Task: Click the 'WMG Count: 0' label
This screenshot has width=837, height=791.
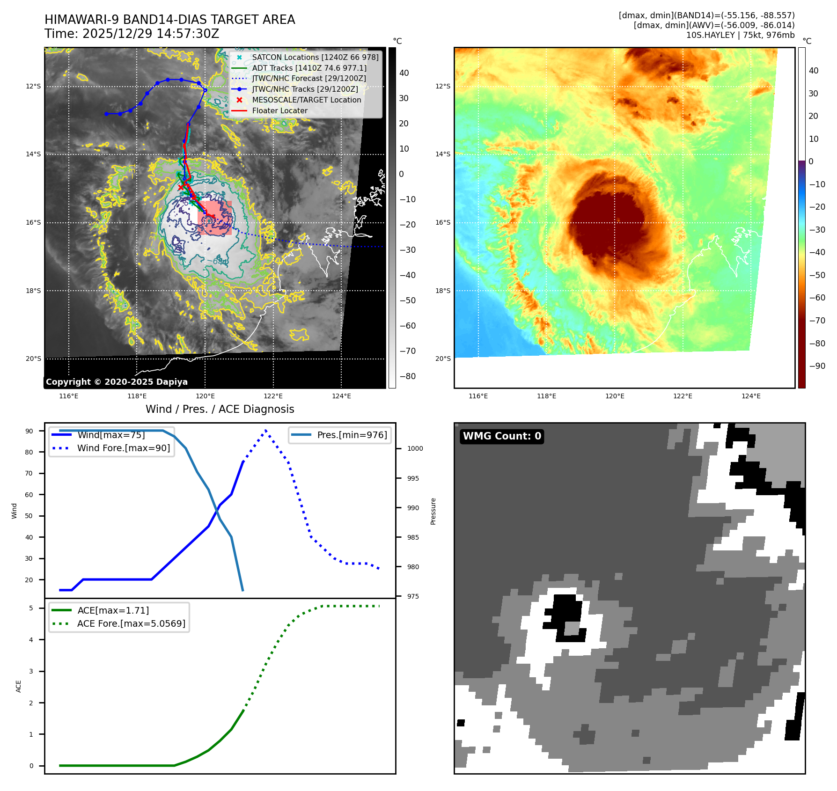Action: tap(502, 436)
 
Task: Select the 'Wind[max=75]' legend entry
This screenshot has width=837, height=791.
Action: tap(111, 435)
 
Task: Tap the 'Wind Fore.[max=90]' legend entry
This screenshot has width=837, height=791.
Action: tap(124, 448)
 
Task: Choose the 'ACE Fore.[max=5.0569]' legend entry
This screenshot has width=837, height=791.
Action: tap(131, 623)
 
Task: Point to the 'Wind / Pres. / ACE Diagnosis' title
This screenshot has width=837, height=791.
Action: tap(220, 409)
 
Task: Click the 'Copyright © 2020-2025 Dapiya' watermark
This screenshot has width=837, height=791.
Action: tap(117, 382)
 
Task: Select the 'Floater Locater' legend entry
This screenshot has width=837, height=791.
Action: tap(279, 111)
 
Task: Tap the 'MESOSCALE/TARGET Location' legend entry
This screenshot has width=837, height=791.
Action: tap(306, 100)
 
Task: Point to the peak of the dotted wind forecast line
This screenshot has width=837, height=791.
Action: tap(266, 430)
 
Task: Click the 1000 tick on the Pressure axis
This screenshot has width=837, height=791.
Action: tap(415, 448)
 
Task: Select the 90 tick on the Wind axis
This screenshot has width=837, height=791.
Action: tap(29, 431)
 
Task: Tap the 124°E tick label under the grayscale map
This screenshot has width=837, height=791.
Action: tap(341, 396)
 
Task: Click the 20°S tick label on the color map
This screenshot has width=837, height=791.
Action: tap(443, 359)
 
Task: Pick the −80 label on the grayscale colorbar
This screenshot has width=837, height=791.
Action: tap(407, 376)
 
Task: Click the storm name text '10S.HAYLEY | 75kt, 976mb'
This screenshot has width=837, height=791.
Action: tap(740, 35)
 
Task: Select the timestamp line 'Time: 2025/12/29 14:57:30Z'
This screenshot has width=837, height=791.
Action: tap(132, 34)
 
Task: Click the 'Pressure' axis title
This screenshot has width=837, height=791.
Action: tap(433, 511)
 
